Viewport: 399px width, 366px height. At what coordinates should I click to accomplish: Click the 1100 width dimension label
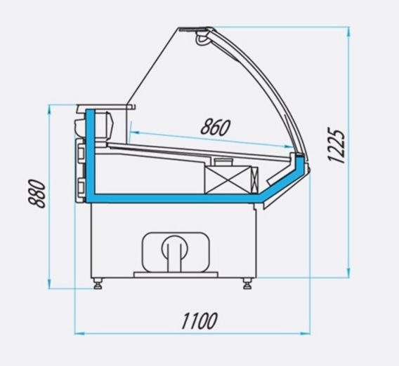[199, 321]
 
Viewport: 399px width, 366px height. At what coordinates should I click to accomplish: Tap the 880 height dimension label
[37, 194]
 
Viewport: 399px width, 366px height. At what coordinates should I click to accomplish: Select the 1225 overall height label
[336, 145]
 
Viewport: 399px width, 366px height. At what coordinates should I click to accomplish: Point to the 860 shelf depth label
[215, 127]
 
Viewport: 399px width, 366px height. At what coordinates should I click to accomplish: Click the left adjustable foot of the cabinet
[98, 283]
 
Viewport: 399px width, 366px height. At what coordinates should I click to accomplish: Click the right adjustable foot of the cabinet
[247, 283]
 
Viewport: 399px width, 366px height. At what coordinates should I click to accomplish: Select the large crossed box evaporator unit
[228, 179]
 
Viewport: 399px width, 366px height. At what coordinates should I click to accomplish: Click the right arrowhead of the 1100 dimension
[306, 334]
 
